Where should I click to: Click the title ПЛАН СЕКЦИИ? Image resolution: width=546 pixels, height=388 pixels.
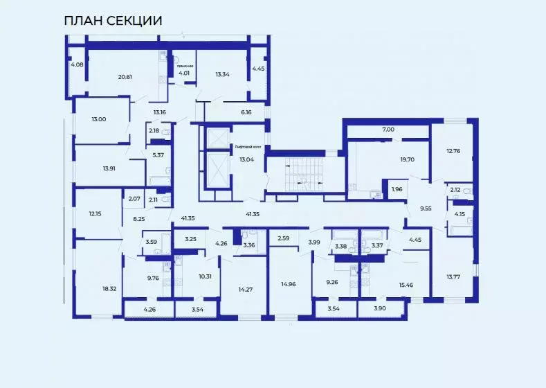(x=113, y=21)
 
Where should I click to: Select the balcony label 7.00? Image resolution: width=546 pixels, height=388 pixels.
(x=388, y=130)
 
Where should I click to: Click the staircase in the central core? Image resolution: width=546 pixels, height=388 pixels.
(x=304, y=175)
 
